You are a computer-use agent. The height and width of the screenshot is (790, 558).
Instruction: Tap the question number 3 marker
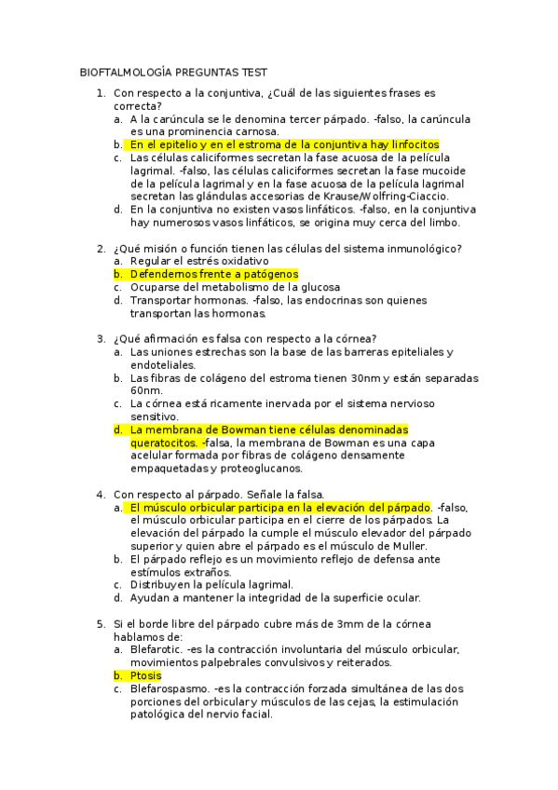[x=100, y=338]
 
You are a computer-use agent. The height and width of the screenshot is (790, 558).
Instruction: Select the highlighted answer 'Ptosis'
[x=146, y=675]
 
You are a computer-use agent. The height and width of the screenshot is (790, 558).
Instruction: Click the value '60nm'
[x=145, y=390]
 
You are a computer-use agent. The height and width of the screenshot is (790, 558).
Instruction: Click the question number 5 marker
[x=100, y=623]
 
